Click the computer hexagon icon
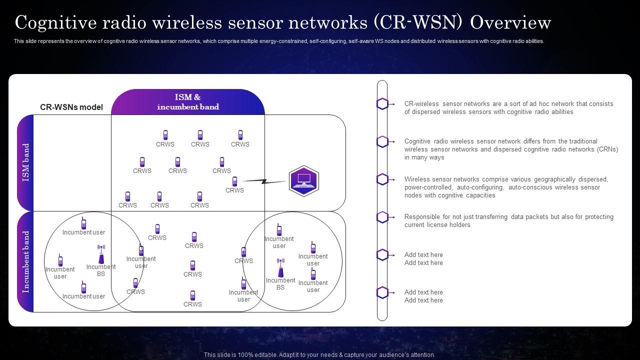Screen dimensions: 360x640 pyautogui.click(x=303, y=180)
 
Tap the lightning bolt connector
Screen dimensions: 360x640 pyautogui.click(x=264, y=181)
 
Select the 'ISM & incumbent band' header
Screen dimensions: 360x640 pyautogui.click(x=188, y=101)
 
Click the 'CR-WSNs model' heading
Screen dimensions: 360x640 pyautogui.click(x=71, y=107)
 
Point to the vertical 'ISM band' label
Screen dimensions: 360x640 pyautogui.click(x=26, y=162)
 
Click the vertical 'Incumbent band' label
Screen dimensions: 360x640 pyautogui.click(x=26, y=261)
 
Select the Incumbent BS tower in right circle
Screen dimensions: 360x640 pyautogui.click(x=280, y=268)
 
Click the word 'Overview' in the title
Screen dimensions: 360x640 pyautogui.click(x=510, y=22)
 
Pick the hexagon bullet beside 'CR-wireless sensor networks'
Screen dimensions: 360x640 pyautogui.click(x=382, y=103)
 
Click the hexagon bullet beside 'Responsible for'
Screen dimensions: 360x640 pyautogui.click(x=382, y=217)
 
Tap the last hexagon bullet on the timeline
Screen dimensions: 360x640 pyautogui.click(x=382, y=292)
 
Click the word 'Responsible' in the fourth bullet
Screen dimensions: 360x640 pyautogui.click(x=422, y=217)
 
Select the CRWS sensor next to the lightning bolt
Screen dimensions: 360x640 pyautogui.click(x=234, y=181)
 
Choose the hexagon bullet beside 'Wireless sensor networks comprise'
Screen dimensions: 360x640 pyautogui.click(x=382, y=179)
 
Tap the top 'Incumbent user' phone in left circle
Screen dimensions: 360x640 pyautogui.click(x=83, y=223)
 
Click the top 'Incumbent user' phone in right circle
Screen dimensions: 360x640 pyautogui.click(x=279, y=229)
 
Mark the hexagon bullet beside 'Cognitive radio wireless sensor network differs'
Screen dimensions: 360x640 pyautogui.click(x=382, y=141)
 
